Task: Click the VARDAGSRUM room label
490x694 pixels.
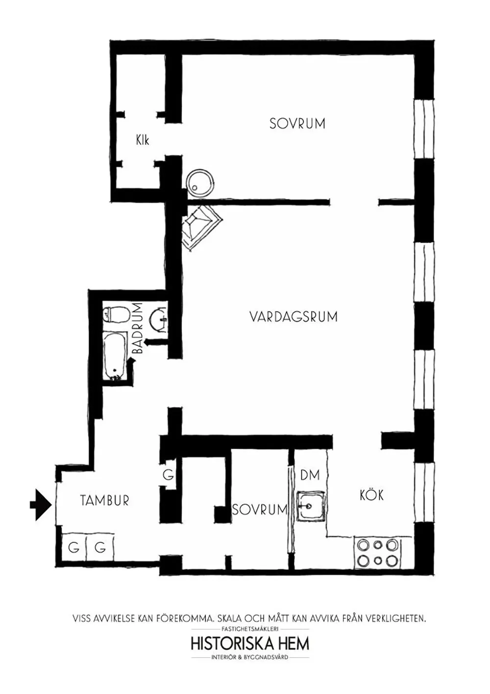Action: (293, 317)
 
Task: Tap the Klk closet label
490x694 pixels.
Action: (143, 140)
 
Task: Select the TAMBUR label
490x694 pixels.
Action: (105, 500)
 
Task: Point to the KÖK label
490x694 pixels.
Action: (371, 494)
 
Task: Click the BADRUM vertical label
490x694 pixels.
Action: (138, 328)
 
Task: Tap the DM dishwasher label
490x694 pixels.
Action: (310, 475)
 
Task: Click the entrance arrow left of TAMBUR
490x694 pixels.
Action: (41, 505)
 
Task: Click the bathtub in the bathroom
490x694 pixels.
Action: (115, 356)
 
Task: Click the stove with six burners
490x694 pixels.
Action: (378, 553)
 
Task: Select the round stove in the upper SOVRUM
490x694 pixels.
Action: (200, 183)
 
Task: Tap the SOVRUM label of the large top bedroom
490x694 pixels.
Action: (297, 123)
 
